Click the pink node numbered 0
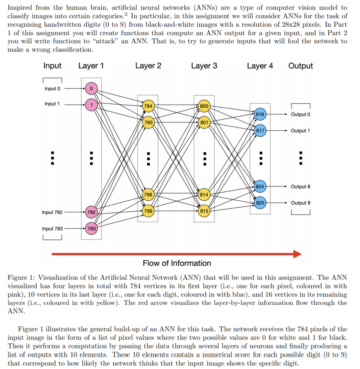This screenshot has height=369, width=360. click(x=91, y=88)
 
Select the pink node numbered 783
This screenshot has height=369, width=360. click(x=91, y=229)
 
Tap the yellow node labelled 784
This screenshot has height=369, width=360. click(x=148, y=106)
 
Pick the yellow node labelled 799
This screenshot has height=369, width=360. click(x=148, y=211)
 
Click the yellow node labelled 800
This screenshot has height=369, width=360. click(x=204, y=106)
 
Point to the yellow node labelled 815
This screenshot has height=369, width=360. click(x=204, y=211)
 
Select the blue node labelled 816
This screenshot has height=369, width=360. click(x=260, y=114)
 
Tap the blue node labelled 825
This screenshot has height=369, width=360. click(x=260, y=203)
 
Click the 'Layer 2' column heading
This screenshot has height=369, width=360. click(x=148, y=66)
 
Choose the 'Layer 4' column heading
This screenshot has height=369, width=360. click(x=260, y=66)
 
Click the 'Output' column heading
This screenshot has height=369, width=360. click(x=301, y=66)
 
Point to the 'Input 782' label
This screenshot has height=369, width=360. click(x=52, y=212)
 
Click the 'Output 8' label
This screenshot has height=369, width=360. click(x=300, y=186)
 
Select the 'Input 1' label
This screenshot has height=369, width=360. click(x=52, y=104)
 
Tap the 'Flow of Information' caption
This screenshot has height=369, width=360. click(x=177, y=263)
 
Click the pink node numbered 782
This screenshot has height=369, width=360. click(x=91, y=212)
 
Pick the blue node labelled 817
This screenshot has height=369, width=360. click(x=260, y=131)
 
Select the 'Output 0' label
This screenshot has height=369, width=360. click(x=300, y=114)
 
